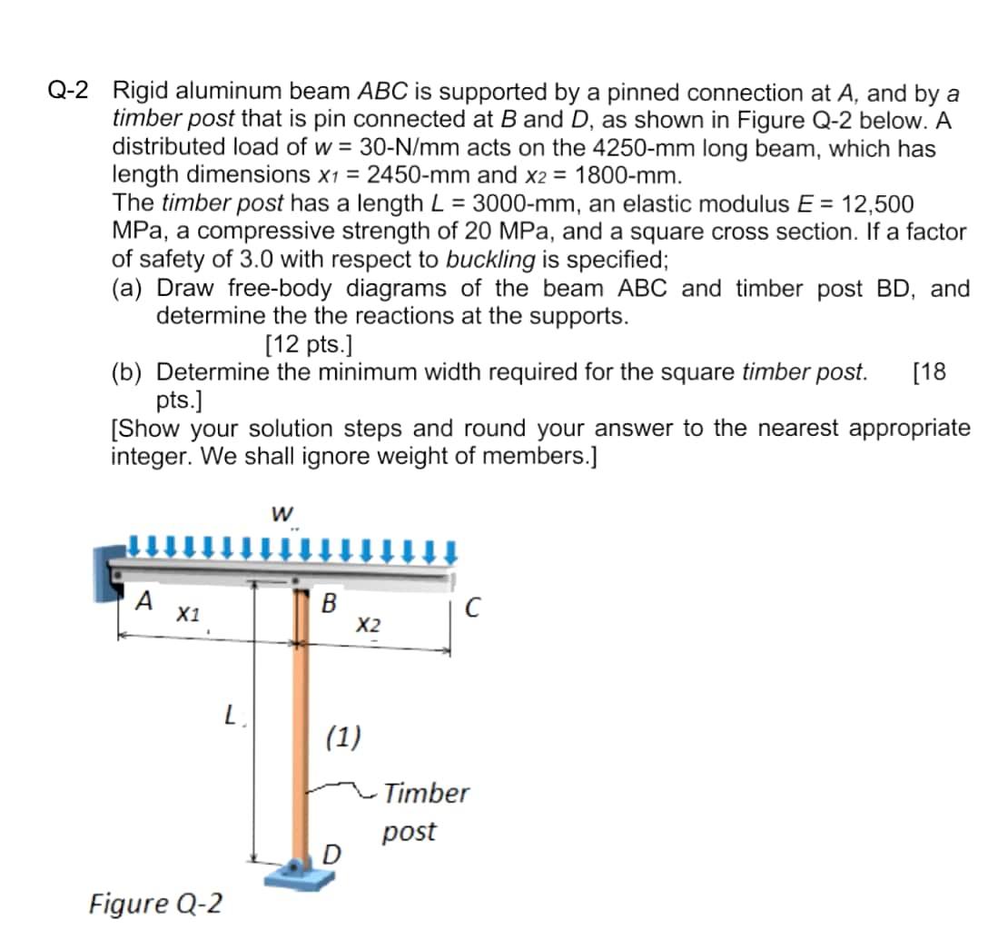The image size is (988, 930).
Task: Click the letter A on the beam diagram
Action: click(143, 600)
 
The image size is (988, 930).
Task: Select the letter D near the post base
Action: click(333, 854)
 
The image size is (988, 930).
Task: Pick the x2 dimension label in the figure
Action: click(367, 625)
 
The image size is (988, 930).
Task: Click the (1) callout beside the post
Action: click(344, 735)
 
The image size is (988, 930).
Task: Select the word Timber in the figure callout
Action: click(425, 793)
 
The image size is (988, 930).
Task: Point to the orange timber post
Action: click(302, 727)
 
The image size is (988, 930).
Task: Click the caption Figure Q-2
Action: click(155, 904)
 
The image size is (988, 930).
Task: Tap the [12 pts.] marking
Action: click(309, 344)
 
